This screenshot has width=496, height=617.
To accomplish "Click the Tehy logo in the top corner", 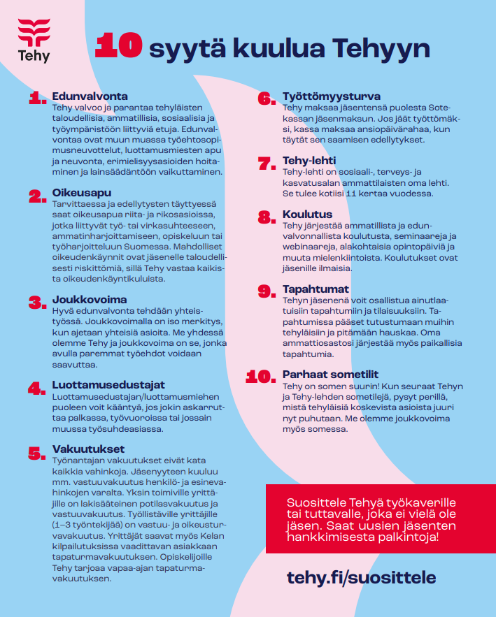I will [x=34, y=41].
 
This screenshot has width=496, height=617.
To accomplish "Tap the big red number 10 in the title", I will [x=119, y=46].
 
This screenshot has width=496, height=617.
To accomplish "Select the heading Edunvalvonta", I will [x=90, y=96].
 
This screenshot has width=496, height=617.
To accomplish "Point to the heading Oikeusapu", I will [x=82, y=192].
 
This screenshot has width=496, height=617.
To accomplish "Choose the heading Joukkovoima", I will [x=90, y=299].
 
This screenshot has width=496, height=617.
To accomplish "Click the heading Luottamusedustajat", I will [x=108, y=385].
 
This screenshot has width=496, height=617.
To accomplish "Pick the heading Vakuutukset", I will [x=88, y=449].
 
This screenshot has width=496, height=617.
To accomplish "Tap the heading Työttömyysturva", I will [x=332, y=96].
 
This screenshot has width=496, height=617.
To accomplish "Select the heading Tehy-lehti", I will [x=309, y=161].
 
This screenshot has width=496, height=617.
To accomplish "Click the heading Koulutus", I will [x=307, y=215].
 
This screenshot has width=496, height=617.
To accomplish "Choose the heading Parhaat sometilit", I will [x=330, y=375].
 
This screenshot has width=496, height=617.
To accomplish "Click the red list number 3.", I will [x=37, y=303].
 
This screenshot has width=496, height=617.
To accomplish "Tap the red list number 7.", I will [x=267, y=164].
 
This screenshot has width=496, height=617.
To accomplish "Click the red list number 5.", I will [x=37, y=453].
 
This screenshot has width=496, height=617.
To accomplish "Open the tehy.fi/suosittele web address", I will [x=361, y=577].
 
